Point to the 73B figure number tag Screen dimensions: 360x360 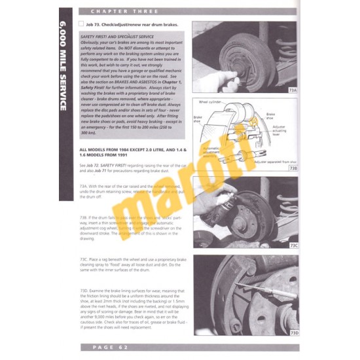[293, 168]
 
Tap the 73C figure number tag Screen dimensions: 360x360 [293, 246]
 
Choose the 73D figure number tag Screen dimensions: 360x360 [293, 333]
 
